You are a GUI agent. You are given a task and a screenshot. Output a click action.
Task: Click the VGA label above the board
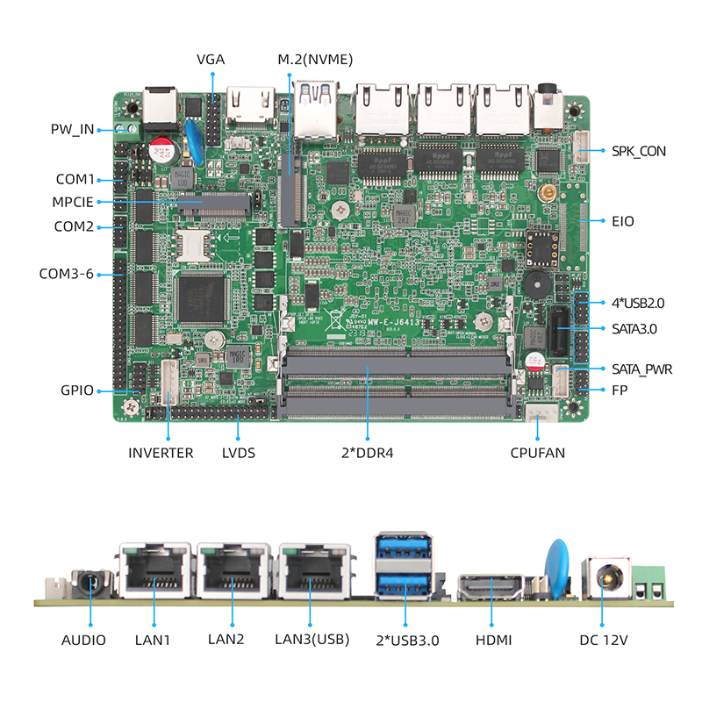pyautogui.click(x=211, y=60)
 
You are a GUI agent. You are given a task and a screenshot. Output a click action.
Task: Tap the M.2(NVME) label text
pyautogui.click(x=315, y=60)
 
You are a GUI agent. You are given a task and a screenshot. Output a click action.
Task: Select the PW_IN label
pyautogui.click(x=72, y=130)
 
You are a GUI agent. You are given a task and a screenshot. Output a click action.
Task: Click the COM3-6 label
pyautogui.click(x=66, y=273)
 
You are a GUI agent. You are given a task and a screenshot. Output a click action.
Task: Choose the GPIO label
pyautogui.click(x=77, y=390)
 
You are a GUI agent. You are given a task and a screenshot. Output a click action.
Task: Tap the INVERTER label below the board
pyautogui.click(x=161, y=453)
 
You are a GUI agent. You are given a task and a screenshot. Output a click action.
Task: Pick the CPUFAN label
pyautogui.click(x=538, y=453)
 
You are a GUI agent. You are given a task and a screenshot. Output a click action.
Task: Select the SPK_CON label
pyautogui.click(x=639, y=151)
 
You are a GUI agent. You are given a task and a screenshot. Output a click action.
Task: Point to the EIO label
pyautogui.click(x=623, y=221)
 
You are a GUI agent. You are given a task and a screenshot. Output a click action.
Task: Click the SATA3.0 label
pyautogui.click(x=635, y=329)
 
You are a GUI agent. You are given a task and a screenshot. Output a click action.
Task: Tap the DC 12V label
pyautogui.click(x=604, y=641)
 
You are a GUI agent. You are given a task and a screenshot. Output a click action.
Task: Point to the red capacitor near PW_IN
pyautogui.click(x=161, y=148)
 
